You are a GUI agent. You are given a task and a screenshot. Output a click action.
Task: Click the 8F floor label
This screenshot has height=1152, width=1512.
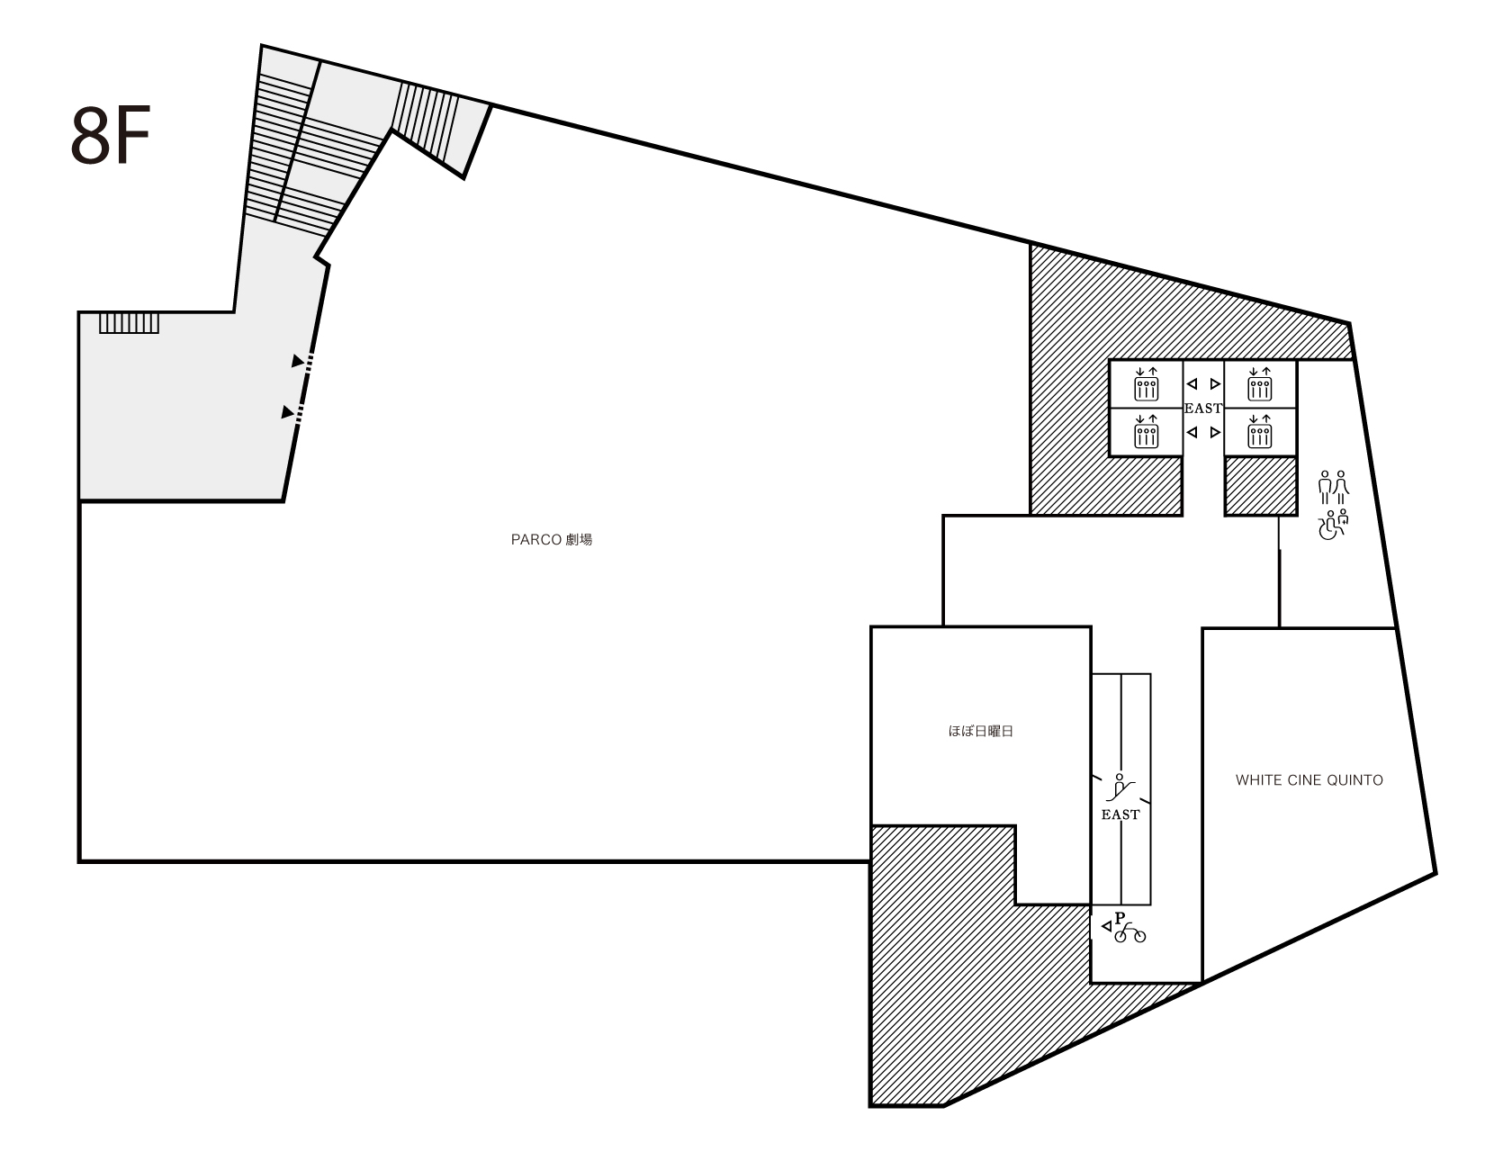tap(110, 136)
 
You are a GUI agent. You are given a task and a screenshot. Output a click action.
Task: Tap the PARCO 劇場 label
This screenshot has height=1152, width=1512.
tap(551, 540)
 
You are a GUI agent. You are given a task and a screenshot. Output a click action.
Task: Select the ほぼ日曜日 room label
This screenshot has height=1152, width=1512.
tap(980, 732)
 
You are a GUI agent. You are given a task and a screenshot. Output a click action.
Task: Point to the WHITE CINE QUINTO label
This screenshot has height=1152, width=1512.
tap(1309, 780)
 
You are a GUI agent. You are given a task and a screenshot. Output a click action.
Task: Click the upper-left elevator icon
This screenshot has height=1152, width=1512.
tap(1147, 384)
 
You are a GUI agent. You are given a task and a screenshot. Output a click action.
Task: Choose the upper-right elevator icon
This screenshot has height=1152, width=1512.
tap(1260, 384)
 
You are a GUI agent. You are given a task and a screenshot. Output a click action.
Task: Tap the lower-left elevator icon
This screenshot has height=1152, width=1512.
tap(1147, 431)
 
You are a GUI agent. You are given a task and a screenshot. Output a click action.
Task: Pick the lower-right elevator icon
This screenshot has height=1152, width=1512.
tap(1260, 431)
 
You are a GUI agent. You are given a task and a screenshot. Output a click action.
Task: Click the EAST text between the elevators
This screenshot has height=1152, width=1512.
tap(1202, 409)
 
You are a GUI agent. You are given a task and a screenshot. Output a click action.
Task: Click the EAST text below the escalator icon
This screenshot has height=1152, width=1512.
tap(1120, 814)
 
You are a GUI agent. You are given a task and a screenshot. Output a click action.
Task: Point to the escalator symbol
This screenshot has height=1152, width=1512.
tap(1120, 787)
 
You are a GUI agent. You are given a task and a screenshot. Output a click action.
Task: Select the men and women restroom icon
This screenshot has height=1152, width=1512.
tap(1333, 488)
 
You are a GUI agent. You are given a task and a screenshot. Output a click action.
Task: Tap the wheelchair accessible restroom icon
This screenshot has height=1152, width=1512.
tap(1333, 525)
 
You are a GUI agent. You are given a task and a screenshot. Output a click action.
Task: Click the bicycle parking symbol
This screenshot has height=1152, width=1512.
tap(1130, 933)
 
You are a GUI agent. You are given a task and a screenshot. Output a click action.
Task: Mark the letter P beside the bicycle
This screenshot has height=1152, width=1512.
tap(1120, 918)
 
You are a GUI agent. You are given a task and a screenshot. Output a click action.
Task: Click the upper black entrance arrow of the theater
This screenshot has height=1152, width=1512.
tap(298, 361)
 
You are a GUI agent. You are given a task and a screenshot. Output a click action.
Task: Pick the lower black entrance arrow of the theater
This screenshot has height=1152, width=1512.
tap(287, 412)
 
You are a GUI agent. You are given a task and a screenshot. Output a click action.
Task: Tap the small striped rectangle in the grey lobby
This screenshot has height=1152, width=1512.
tap(129, 323)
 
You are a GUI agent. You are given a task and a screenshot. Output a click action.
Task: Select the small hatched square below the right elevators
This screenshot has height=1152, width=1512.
tap(1261, 485)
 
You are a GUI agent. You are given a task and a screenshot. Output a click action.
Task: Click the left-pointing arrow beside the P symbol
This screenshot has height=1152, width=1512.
tap(1106, 927)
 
